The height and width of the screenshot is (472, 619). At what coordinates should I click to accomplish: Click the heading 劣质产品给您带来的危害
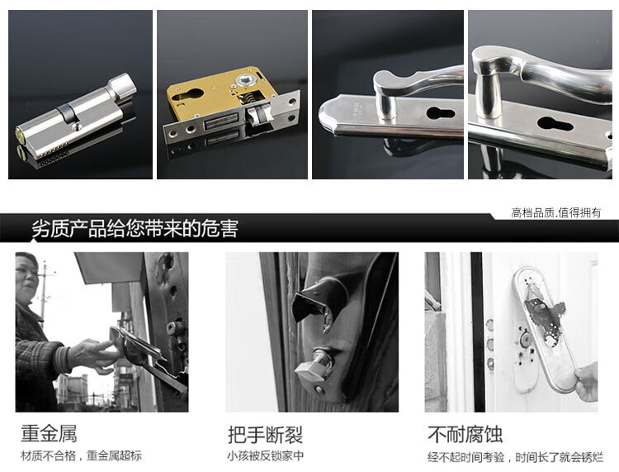(x=135, y=229)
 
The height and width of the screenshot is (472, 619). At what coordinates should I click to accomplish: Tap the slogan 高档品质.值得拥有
(x=555, y=212)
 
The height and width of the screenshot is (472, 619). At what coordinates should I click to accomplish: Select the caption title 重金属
(x=49, y=433)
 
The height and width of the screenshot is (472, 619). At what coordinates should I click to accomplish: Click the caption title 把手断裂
(x=265, y=435)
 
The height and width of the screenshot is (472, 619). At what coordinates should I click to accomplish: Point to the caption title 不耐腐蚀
(x=465, y=434)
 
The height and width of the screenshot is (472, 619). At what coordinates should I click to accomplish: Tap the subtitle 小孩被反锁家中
(x=265, y=455)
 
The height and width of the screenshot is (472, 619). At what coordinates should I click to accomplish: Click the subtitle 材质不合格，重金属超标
(x=82, y=455)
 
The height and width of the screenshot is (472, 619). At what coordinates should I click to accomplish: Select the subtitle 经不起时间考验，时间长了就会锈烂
(x=516, y=457)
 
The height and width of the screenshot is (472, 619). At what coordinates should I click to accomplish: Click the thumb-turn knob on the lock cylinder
(x=122, y=85)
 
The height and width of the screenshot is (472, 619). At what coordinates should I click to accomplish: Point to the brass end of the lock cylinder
(x=21, y=136)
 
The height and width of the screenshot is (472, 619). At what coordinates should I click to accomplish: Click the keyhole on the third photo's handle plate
(x=441, y=113)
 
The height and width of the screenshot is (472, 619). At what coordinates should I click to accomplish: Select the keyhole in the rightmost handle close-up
(x=555, y=124)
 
